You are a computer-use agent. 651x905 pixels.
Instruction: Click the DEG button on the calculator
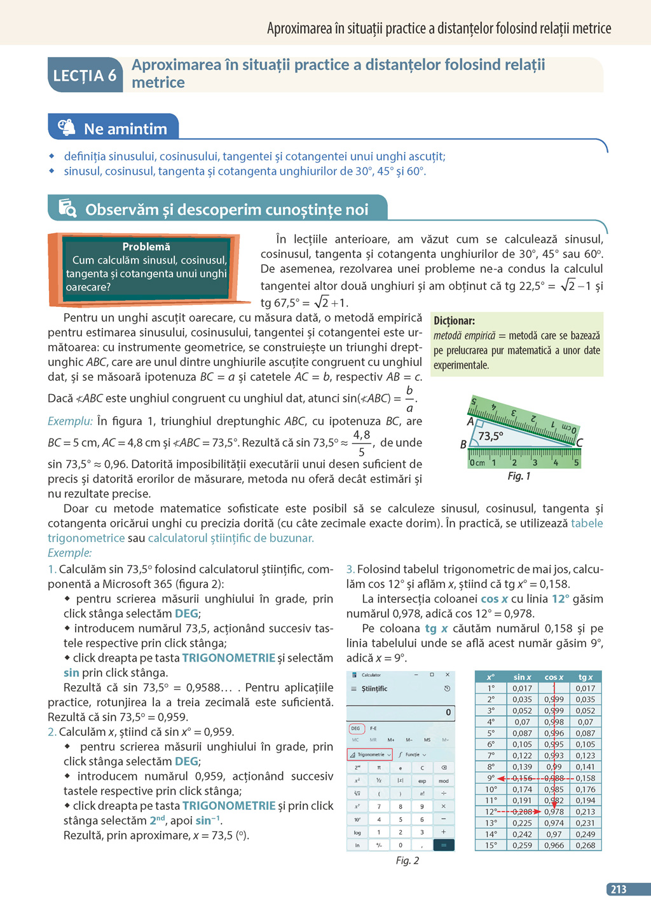[x=356, y=728]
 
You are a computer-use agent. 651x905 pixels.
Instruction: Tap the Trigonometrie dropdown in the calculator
[x=370, y=754]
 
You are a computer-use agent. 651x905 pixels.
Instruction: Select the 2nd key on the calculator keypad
[x=357, y=768]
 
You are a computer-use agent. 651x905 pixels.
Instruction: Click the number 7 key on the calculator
[x=379, y=806]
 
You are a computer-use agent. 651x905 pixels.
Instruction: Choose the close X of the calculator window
[x=448, y=675]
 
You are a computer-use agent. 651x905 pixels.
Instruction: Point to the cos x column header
[x=554, y=677]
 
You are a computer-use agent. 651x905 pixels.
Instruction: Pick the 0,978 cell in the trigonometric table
[x=554, y=812]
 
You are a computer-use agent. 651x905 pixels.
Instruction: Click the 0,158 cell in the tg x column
[x=586, y=778]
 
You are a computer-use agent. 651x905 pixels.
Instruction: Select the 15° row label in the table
[x=491, y=845]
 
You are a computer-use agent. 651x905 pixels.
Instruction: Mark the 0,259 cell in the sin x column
[x=522, y=845]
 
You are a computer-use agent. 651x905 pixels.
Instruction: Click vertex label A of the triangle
[x=470, y=421]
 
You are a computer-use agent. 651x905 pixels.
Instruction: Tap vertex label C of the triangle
[x=580, y=443]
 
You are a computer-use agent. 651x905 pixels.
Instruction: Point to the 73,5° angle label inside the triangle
[x=491, y=436]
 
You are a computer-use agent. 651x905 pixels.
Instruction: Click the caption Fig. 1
[x=519, y=476]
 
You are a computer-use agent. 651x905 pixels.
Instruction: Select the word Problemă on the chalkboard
[x=146, y=247]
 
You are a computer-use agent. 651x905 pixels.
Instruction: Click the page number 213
[x=618, y=890]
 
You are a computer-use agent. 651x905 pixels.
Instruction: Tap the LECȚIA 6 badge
[x=85, y=76]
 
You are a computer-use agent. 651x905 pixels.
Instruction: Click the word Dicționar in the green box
[x=454, y=321]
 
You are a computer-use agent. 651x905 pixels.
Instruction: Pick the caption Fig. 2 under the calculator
[x=408, y=861]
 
